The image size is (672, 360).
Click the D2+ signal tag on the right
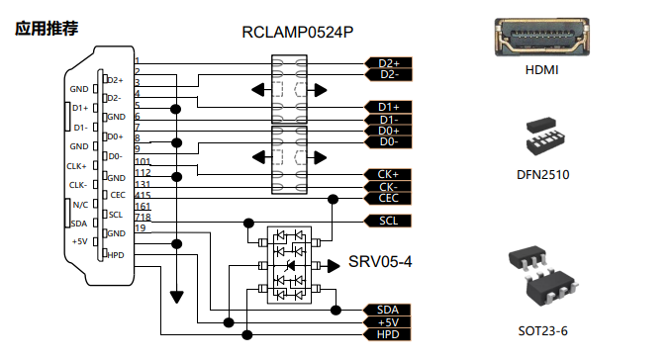click(x=388, y=63)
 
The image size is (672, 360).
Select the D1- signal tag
click(x=388, y=120)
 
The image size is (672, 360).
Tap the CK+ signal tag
click(x=388, y=174)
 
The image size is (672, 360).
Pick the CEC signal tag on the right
click(x=388, y=198)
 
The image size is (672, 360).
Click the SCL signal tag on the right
click(x=388, y=221)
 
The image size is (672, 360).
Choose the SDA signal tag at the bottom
click(x=387, y=310)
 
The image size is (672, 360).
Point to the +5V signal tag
click(x=387, y=322)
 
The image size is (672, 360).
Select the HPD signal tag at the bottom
click(x=387, y=334)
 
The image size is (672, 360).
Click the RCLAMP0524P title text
click(x=298, y=33)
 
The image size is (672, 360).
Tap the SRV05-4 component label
click(x=380, y=261)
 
